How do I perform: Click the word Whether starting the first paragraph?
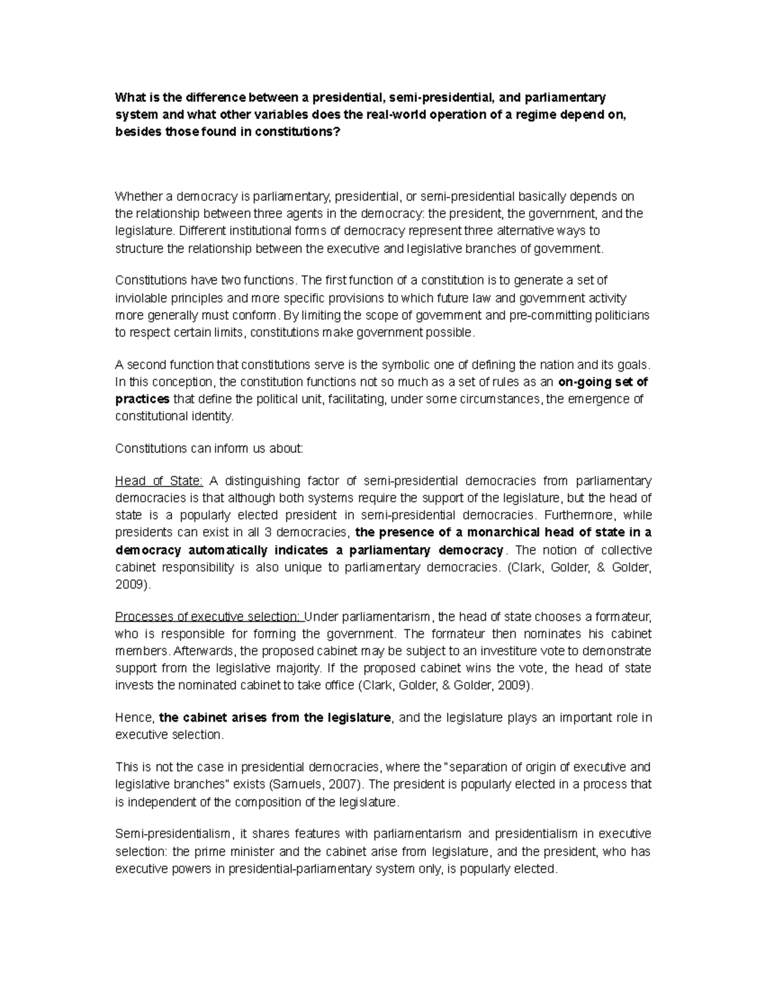[x=136, y=196]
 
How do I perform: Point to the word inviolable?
[x=139, y=298]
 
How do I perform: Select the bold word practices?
[x=142, y=400]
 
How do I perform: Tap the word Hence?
[x=134, y=718]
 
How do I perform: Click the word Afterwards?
[x=205, y=652]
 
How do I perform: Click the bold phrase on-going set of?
[x=602, y=382]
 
